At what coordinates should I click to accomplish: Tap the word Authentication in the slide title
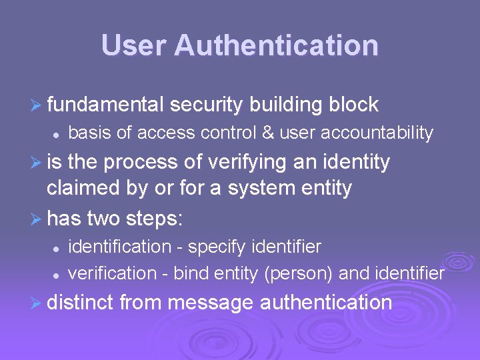[x=276, y=45]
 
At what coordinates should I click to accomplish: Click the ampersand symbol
[x=267, y=133]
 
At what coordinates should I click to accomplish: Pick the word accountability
[x=377, y=133]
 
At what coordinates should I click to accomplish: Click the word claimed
[x=85, y=189]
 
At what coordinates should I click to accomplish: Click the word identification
[x=120, y=247]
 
